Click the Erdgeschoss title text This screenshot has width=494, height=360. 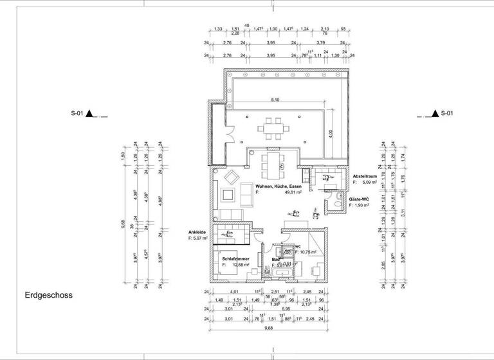(x=49, y=296)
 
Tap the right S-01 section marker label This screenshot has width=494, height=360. (x=447, y=114)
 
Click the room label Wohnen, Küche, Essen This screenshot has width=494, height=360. (x=278, y=186)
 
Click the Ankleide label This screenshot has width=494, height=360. (x=197, y=232)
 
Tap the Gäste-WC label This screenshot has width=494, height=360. (x=359, y=199)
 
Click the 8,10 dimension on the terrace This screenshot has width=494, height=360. (x=275, y=100)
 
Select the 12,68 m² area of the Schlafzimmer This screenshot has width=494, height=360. (x=241, y=264)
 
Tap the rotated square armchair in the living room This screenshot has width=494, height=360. (x=230, y=177)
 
